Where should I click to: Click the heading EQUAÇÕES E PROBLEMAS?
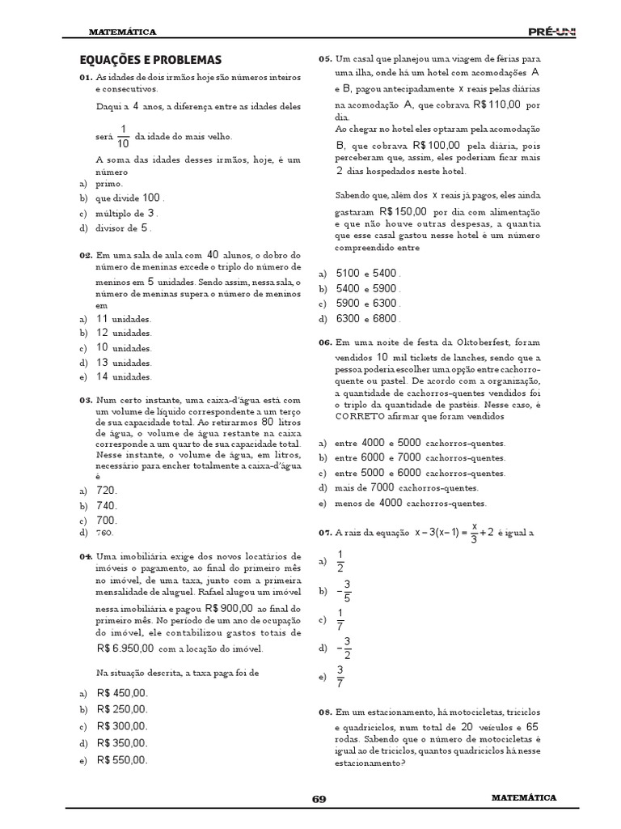tap(150, 60)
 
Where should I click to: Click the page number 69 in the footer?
tap(319, 799)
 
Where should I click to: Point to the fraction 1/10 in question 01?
tap(124, 136)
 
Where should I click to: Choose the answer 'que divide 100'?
tap(129, 198)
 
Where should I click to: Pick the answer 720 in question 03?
tap(107, 491)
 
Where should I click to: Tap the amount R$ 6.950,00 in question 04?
tap(125, 648)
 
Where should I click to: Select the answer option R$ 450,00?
tap(122, 694)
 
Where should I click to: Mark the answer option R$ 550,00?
tap(122, 760)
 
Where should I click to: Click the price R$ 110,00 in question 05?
tap(496, 105)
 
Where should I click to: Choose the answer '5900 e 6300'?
tap(368, 304)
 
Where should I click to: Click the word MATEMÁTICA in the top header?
tap(123, 32)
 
